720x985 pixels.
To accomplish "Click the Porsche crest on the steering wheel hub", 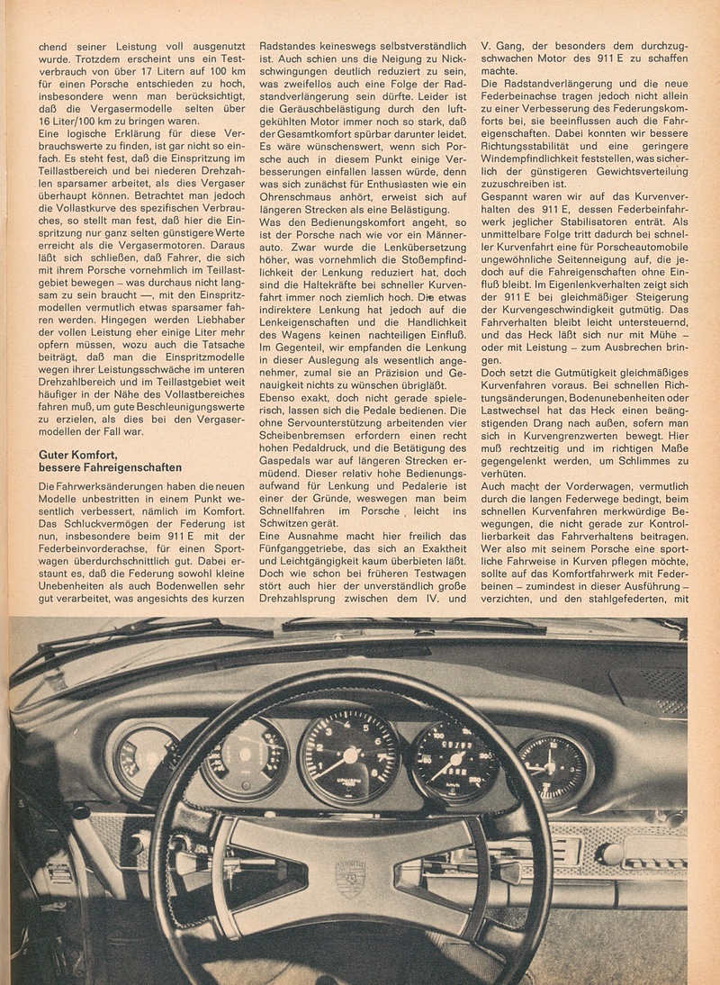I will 349,878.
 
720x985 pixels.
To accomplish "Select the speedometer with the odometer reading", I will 454,759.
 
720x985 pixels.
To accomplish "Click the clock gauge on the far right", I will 552,767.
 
